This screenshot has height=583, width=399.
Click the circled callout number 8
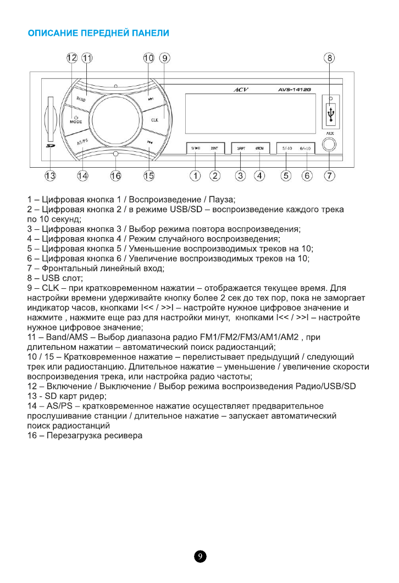click(329, 58)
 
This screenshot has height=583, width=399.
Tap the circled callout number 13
click(51, 176)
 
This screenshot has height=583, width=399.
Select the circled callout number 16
click(115, 176)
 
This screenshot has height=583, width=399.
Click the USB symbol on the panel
click(330, 114)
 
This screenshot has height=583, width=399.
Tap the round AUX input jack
click(329, 145)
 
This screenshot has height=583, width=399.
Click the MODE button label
click(76, 120)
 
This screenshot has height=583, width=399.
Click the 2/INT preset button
click(214, 148)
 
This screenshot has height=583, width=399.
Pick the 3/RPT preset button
click(240, 148)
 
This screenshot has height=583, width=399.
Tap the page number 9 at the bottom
click(200, 557)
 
